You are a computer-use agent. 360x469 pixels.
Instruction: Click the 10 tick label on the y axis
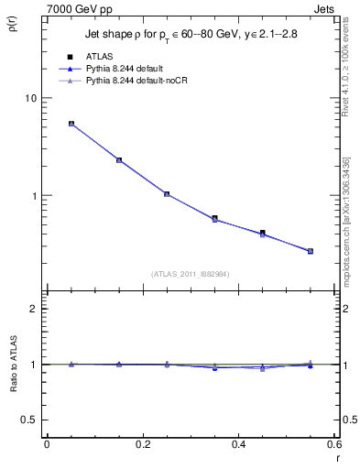click(29, 98)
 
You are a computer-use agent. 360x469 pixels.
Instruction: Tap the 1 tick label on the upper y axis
click(33, 196)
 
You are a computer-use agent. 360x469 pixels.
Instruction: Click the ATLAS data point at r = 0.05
click(71, 124)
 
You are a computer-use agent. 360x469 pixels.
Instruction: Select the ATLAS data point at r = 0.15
click(119, 159)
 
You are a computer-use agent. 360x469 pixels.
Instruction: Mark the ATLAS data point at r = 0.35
click(214, 218)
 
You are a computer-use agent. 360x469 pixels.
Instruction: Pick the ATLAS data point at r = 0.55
click(311, 251)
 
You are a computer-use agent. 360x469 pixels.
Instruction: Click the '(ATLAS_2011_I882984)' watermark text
click(191, 273)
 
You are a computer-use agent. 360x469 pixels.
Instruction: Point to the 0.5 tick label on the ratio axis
click(29, 420)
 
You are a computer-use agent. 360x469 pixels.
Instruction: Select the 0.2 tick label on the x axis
click(143, 443)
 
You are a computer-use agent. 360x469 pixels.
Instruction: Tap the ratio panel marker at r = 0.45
click(263, 368)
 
